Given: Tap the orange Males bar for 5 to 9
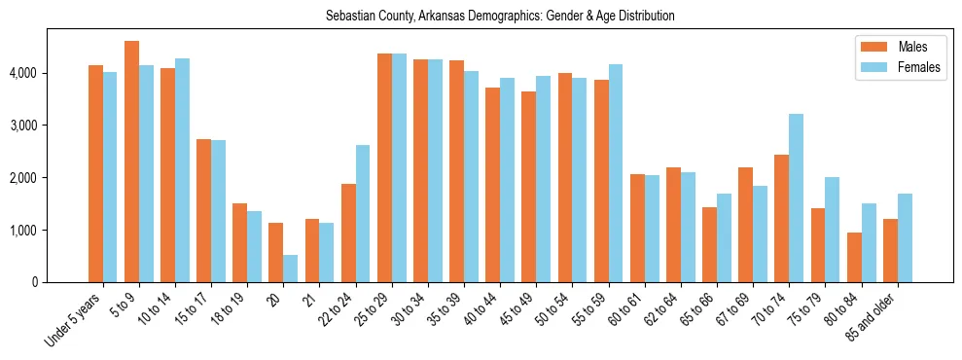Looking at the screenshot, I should coord(132,162).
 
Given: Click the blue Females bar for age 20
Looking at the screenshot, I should coord(291,269).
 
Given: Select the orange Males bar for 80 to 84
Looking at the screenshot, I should coord(855,258).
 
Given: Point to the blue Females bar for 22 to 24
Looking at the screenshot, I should coord(363,214).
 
